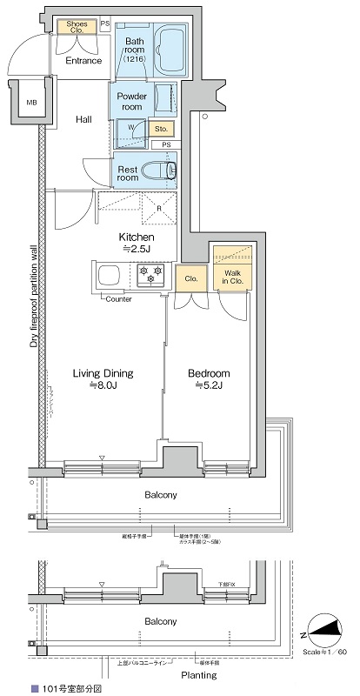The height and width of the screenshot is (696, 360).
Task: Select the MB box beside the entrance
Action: coord(31,104)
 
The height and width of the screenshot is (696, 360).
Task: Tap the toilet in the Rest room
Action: coord(161,170)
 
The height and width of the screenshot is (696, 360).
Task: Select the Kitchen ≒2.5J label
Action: coord(137,243)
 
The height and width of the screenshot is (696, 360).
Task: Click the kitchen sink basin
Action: coord(113,277)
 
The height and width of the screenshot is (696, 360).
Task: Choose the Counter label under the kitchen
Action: coord(118,299)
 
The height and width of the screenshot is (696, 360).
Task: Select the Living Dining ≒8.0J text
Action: coord(102,379)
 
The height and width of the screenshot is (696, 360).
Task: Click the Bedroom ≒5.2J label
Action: coord(209,379)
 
